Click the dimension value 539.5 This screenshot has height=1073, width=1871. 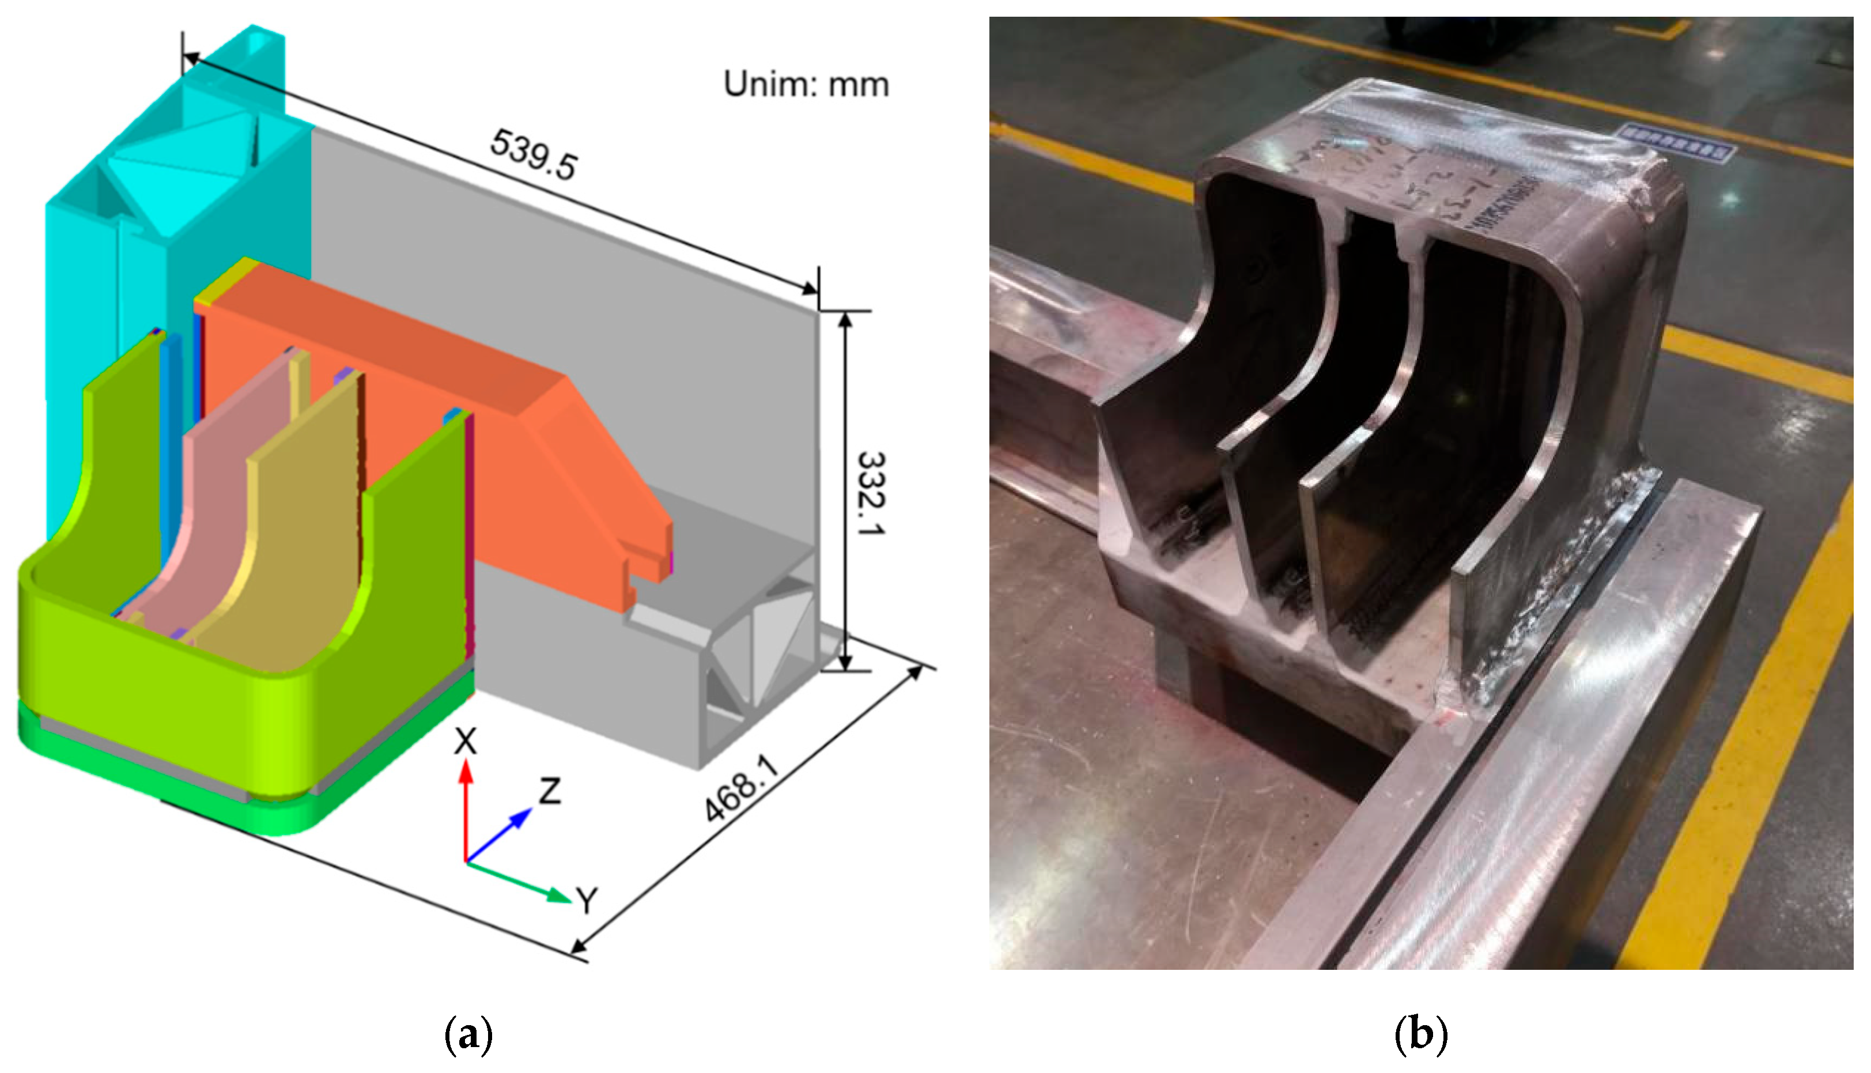tap(534, 154)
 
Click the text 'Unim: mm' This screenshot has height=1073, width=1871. tap(806, 84)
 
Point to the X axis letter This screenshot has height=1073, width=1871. tap(465, 742)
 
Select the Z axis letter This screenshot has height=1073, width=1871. tap(550, 791)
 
